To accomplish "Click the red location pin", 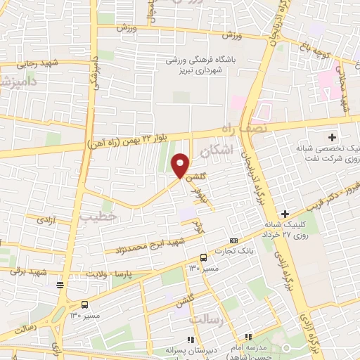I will coord(181,165).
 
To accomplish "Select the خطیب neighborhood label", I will coord(97,217).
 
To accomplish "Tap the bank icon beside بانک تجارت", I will coord(234,240).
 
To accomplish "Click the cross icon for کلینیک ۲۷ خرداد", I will coord(285,213).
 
